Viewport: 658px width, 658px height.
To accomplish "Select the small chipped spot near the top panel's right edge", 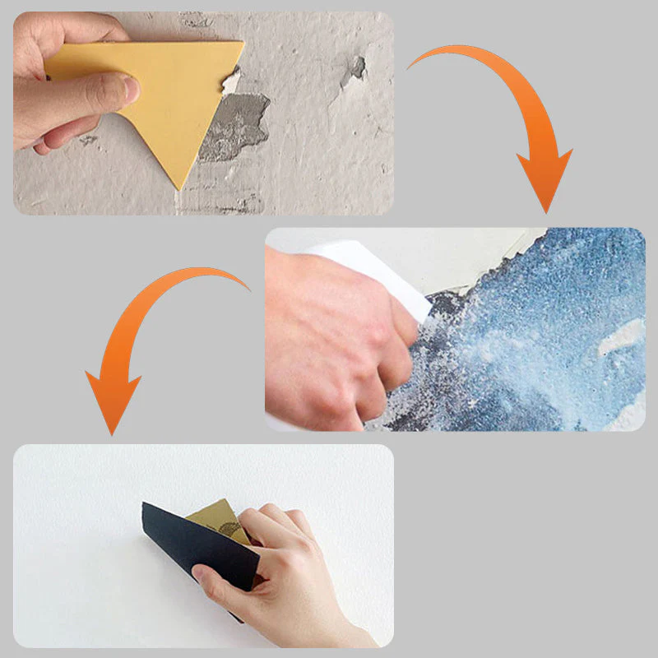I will point(354,67).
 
